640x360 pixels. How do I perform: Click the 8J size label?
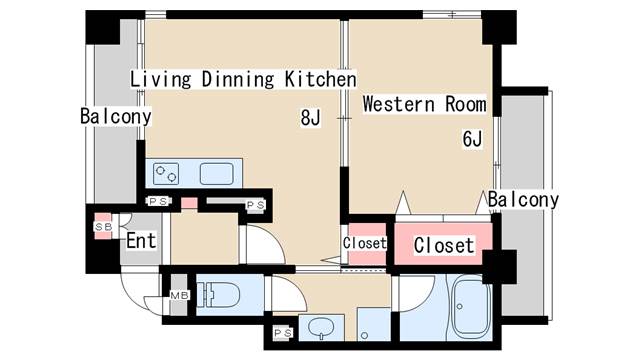[310, 118]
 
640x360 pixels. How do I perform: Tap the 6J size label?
[472, 138]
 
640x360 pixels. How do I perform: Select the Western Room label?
[424, 104]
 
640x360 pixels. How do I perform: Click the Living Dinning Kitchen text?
[243, 79]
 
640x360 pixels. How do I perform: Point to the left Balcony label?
[116, 116]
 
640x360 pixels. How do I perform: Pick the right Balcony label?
[523, 200]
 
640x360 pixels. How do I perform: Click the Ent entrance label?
[141, 240]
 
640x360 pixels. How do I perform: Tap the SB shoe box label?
[103, 227]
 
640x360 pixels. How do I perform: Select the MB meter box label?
[179, 295]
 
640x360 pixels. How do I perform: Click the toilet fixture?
[215, 294]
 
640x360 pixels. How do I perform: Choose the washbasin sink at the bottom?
[321, 328]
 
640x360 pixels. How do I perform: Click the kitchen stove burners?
[166, 173]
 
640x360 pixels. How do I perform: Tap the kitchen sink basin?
[217, 173]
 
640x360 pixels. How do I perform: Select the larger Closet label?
[444, 245]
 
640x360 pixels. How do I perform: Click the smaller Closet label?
[364, 243]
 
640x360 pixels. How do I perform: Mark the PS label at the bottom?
[283, 333]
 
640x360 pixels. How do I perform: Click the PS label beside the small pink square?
[158, 201]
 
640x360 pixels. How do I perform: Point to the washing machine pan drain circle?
[364, 336]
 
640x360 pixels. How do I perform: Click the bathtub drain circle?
[460, 307]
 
